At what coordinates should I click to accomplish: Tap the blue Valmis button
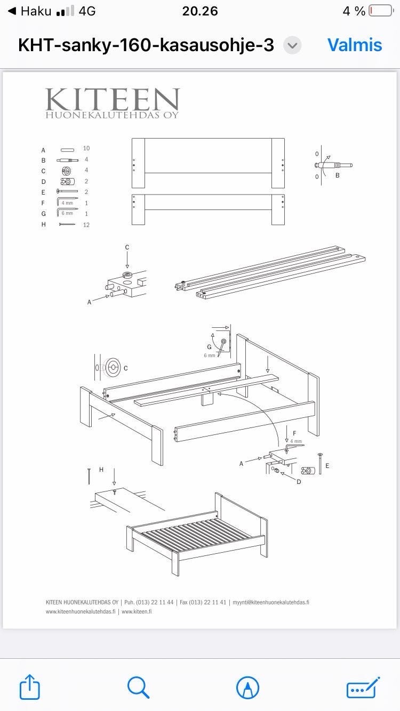tap(355, 45)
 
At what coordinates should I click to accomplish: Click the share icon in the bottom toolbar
tap(29, 686)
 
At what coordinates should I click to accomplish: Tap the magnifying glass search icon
tap(138, 687)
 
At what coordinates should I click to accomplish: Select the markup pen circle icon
tap(247, 687)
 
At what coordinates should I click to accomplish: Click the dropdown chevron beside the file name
tap(292, 45)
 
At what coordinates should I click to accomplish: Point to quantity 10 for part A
tap(86, 148)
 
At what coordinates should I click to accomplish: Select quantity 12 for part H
tap(86, 225)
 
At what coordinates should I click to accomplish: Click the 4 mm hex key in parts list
tap(67, 201)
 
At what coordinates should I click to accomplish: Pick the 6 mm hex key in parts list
tap(67, 212)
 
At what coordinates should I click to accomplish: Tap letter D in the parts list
tap(44, 182)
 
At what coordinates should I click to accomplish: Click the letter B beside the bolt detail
tap(338, 175)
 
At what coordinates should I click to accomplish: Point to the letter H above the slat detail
tap(101, 470)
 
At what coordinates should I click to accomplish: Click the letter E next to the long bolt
tap(327, 466)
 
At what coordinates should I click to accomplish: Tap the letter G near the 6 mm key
tap(209, 347)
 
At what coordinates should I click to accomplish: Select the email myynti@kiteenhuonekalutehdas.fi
tap(271, 602)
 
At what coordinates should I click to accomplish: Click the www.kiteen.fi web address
tap(137, 612)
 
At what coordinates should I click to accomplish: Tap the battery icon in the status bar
tap(381, 11)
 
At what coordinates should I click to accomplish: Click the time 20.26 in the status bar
tap(200, 11)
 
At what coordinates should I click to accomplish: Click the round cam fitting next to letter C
tap(113, 368)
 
